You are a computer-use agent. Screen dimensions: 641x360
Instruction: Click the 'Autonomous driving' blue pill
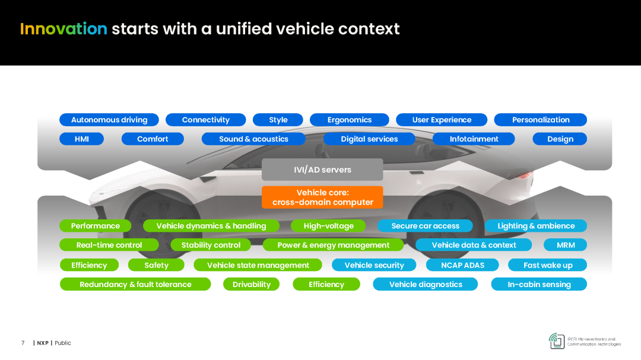click(109, 120)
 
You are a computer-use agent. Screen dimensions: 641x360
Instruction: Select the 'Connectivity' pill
click(205, 120)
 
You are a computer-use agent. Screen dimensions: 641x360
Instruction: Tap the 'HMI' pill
click(82, 139)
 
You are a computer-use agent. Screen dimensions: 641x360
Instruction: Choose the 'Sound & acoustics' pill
click(253, 139)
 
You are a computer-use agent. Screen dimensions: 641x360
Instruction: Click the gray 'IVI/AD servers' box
click(322, 170)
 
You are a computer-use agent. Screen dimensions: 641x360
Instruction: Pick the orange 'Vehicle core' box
click(322, 197)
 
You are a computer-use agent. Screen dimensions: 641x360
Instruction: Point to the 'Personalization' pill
click(541, 120)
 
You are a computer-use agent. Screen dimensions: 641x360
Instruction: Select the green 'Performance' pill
click(95, 226)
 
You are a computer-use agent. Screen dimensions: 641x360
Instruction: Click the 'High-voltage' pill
click(328, 226)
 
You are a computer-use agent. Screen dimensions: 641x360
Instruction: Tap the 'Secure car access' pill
click(425, 226)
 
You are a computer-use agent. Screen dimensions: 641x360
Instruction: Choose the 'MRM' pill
click(566, 245)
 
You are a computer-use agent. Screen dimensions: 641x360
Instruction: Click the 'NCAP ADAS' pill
click(462, 265)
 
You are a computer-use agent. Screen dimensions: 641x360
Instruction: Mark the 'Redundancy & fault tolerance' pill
click(135, 285)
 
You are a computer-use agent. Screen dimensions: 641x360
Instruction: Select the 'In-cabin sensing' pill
click(539, 285)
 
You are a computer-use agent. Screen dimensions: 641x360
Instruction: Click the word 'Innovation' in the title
click(64, 29)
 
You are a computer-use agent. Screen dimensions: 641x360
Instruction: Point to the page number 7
click(23, 343)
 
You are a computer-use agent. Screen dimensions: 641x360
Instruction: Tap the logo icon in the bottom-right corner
click(557, 341)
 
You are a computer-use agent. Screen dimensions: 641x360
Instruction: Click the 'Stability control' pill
click(211, 245)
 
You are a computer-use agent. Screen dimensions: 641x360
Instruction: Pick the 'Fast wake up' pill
click(547, 265)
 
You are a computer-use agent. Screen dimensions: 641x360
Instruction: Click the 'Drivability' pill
click(252, 285)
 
